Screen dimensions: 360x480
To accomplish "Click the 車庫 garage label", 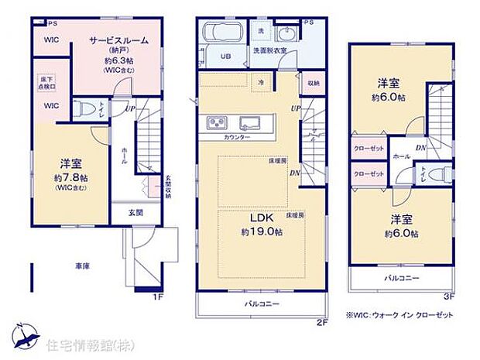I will pyautogui.click(x=82, y=266).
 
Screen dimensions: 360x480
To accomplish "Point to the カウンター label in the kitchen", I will pyautogui.click(x=237, y=137).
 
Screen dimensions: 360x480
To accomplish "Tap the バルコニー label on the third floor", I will pyautogui.click(x=399, y=276).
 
